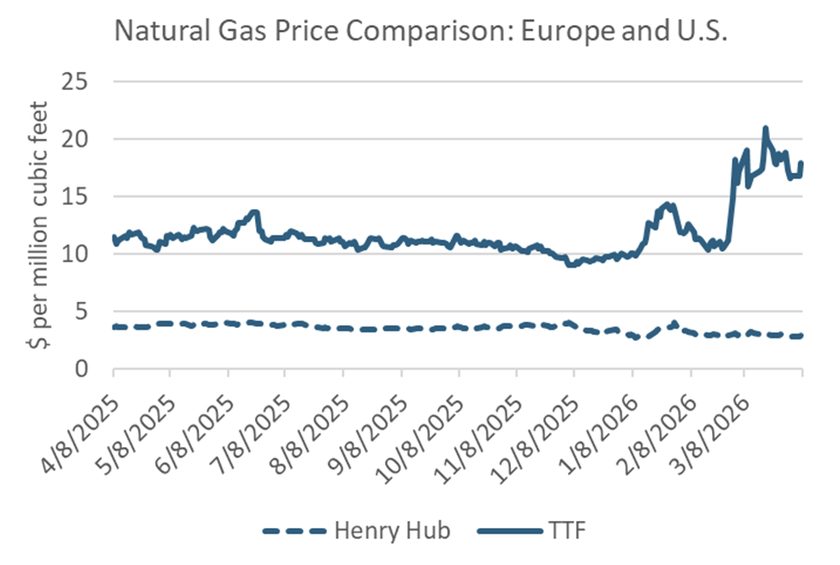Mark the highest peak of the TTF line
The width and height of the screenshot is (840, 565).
(765, 128)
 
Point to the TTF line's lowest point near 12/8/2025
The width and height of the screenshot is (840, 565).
(570, 265)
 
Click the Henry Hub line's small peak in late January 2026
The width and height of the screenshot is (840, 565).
(674, 322)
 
